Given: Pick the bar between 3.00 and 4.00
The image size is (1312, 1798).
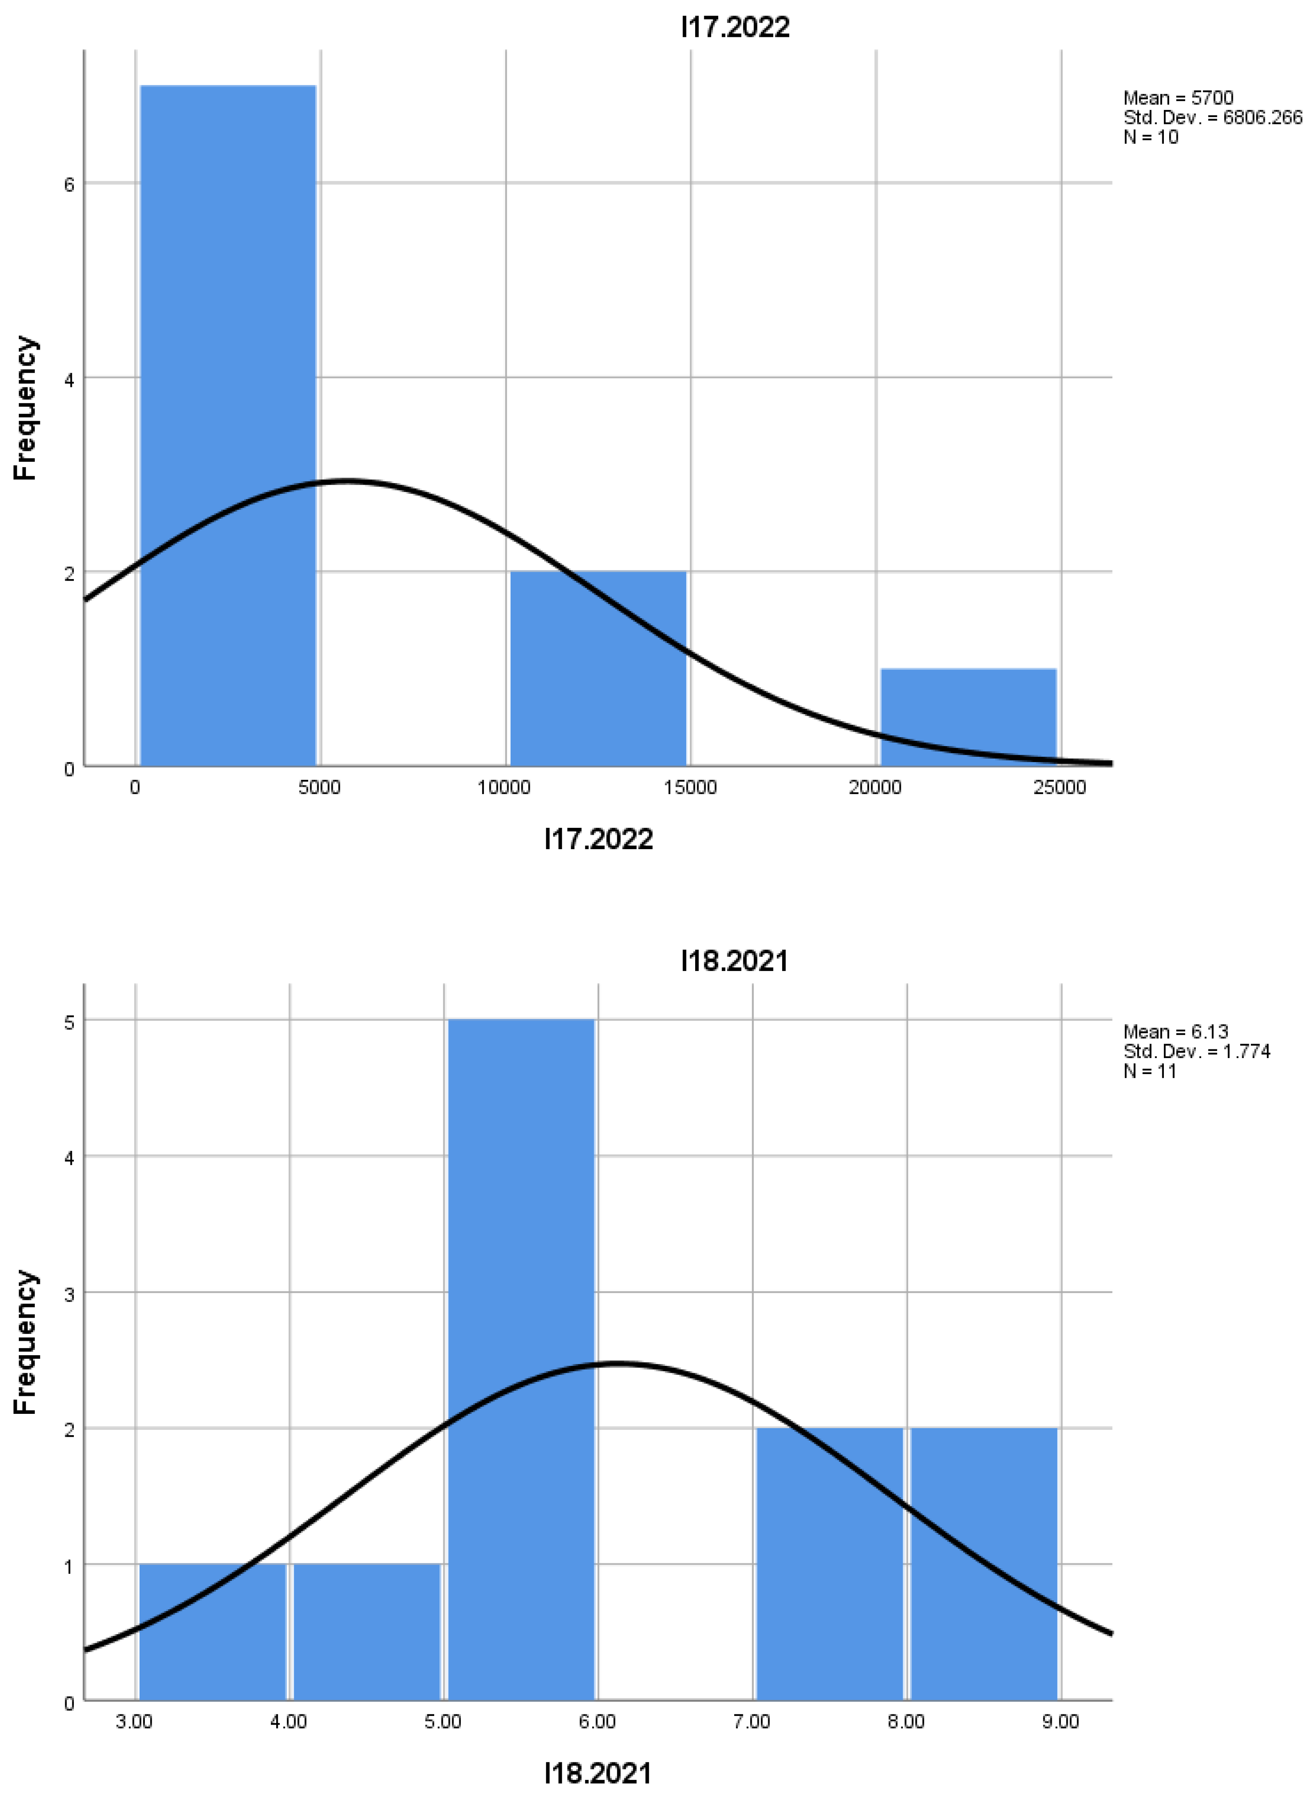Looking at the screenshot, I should click(x=212, y=1632).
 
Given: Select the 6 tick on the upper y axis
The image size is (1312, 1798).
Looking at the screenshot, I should click(x=69, y=184).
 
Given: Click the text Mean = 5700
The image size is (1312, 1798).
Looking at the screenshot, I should click(x=1178, y=98).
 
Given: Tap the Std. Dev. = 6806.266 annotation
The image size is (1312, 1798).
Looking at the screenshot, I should click(x=1212, y=117).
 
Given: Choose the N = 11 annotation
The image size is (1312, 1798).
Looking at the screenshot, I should click(x=1149, y=1070).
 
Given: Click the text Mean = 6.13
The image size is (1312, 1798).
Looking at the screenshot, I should click(x=1175, y=1032).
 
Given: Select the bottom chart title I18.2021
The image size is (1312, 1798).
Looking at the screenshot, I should click(x=735, y=961).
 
